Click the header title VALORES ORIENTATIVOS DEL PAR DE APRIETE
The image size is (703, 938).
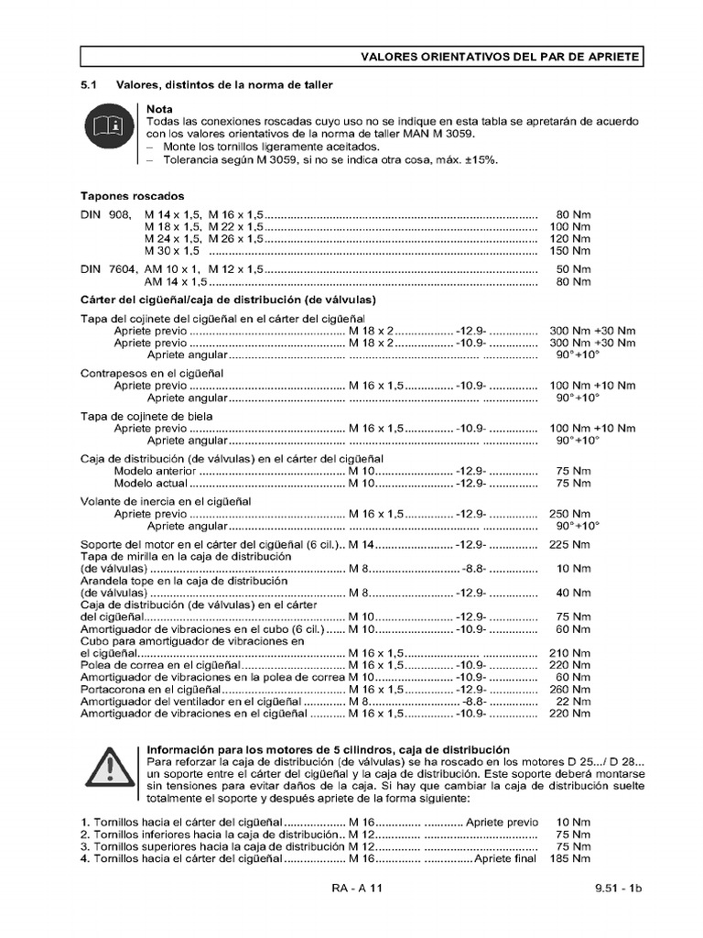tap(500, 57)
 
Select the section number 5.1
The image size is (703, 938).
tap(89, 85)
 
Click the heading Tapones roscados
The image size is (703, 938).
tap(133, 196)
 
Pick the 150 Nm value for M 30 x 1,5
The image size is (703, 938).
tap(572, 250)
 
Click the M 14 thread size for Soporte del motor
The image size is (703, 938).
tap(362, 544)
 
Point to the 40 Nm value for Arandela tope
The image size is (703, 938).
tap(575, 593)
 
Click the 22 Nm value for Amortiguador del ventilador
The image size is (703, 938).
tap(575, 701)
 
